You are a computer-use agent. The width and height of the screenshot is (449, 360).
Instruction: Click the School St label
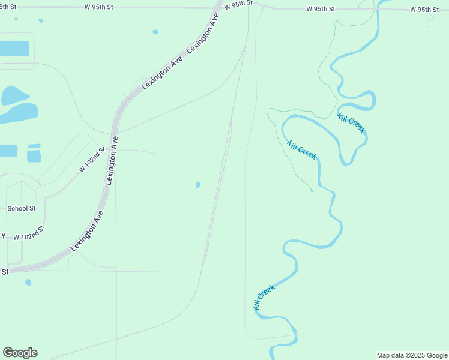[22, 208]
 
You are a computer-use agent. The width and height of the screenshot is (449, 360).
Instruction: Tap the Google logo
[20, 353]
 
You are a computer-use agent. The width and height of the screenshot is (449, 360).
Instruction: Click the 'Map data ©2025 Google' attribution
[412, 355]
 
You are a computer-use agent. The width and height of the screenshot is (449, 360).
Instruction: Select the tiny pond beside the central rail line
[198, 185]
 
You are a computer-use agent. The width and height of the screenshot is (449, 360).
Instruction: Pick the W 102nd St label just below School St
[29, 235]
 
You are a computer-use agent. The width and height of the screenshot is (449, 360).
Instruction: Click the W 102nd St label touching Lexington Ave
[92, 160]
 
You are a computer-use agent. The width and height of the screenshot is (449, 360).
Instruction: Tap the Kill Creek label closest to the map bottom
[264, 296]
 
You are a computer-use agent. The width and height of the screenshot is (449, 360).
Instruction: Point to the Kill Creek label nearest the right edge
[351, 122]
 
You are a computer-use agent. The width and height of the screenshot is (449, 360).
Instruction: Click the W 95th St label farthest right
[425, 10]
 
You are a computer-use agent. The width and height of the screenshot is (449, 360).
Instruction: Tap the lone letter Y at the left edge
[3, 236]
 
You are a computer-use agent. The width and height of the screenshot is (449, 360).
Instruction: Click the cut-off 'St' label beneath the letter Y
[5, 272]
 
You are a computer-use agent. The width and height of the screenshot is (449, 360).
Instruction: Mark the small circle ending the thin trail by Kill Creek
[312, 190]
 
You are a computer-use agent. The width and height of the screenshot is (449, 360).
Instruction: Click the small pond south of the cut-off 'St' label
[28, 282]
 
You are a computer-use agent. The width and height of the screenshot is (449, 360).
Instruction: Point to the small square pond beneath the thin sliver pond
[34, 156]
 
